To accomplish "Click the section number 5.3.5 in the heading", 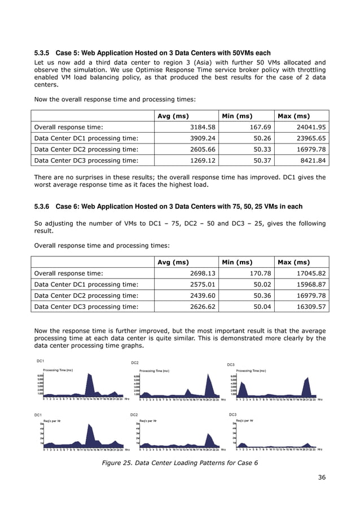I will coord(44,53).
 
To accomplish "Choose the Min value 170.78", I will coord(256,273).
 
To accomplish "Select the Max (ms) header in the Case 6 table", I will coord(293,262).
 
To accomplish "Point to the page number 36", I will coord(321,478).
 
